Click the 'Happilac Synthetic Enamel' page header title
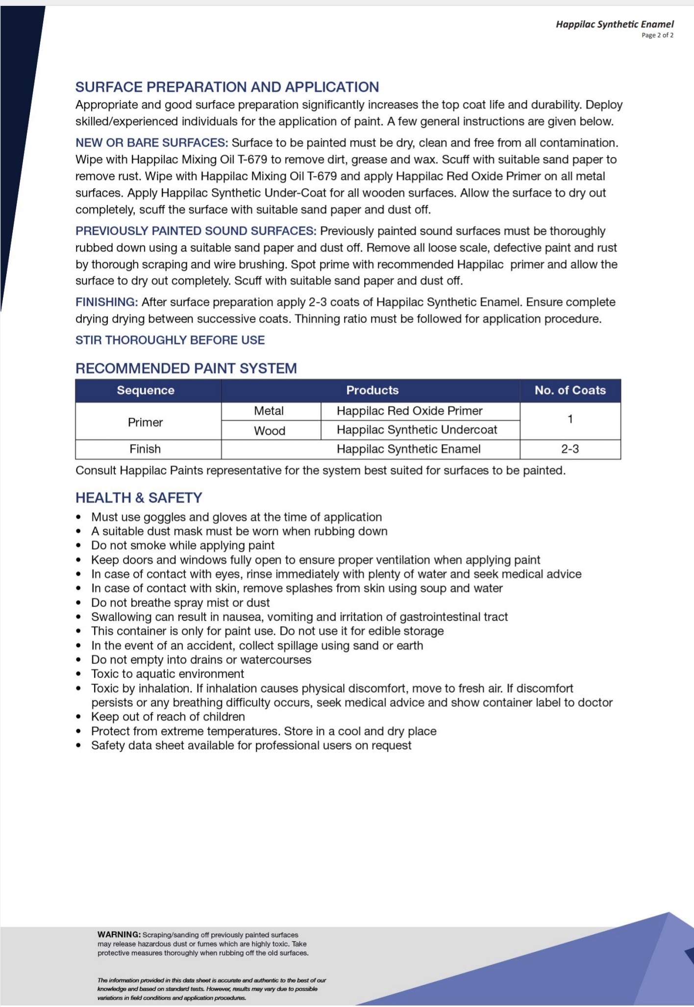(x=615, y=24)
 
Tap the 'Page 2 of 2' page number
(x=657, y=35)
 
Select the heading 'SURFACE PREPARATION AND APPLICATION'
(x=227, y=87)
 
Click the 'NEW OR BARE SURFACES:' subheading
(x=151, y=143)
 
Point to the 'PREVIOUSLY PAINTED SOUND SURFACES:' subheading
(x=196, y=231)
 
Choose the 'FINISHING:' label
(x=106, y=302)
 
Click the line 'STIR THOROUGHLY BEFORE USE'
(x=170, y=340)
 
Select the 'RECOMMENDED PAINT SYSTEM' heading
(x=186, y=369)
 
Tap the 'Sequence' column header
(x=146, y=390)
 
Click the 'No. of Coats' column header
(x=570, y=390)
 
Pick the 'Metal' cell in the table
(x=269, y=411)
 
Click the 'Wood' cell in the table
(x=270, y=430)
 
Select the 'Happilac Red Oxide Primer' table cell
(x=410, y=411)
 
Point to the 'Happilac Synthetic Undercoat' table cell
(x=417, y=430)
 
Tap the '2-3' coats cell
(x=570, y=449)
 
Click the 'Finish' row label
(x=145, y=449)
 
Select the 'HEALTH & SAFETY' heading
(x=139, y=498)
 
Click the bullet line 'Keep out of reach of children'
(x=168, y=717)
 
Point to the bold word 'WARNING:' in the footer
(x=119, y=935)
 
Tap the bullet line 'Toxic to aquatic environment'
(x=167, y=674)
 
